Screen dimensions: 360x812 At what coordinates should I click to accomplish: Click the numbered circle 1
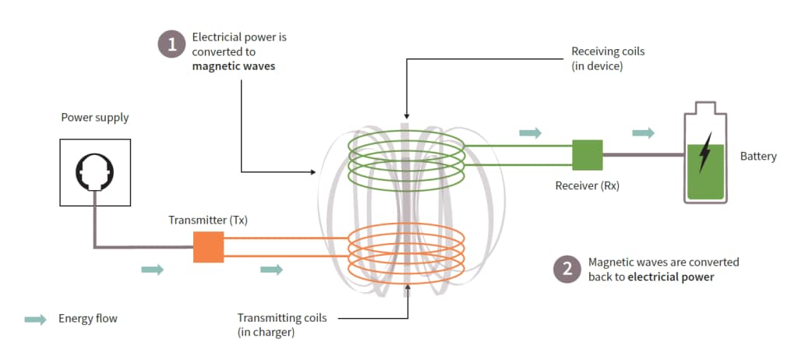171,44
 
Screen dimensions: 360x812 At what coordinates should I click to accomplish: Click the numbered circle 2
566,269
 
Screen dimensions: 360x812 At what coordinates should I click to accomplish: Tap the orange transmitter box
208,246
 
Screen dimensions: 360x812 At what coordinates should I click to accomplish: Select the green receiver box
588,154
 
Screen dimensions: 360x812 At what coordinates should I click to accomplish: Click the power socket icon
95,172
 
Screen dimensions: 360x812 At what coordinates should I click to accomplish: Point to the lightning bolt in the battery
705,153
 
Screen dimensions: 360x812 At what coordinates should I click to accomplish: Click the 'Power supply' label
95,118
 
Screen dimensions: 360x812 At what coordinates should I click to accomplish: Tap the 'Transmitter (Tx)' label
208,220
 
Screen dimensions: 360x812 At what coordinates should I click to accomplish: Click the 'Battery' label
757,157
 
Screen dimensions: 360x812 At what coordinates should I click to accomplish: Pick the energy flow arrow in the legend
35,319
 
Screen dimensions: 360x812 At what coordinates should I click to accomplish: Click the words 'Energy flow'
87,319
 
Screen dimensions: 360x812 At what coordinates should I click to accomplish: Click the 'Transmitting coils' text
281,318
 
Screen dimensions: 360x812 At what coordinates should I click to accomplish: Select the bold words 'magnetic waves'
234,66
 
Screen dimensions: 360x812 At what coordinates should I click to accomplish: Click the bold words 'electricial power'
670,277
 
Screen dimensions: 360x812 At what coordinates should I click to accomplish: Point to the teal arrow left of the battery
643,133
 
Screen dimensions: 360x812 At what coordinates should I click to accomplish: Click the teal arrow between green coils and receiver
530,133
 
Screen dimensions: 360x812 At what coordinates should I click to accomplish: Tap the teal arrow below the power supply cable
153,270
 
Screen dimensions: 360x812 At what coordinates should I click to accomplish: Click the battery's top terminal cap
705,107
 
